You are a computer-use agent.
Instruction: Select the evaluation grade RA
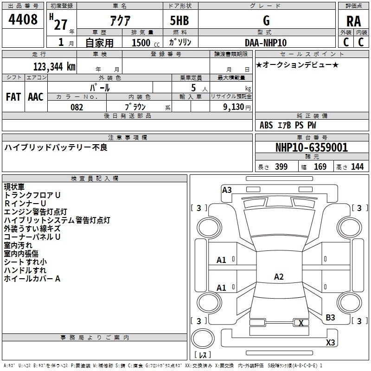coord(353,21)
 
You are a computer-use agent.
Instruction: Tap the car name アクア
coord(119,21)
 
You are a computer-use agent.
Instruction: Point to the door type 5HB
coord(179,21)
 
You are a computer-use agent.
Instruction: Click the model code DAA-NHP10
coord(266,42)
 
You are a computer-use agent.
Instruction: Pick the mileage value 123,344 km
coord(54,66)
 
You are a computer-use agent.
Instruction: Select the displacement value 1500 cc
coord(142,43)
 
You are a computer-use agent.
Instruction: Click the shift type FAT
coord(13,97)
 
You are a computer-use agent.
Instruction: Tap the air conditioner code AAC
coord(35,97)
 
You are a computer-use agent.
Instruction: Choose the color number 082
coord(77,107)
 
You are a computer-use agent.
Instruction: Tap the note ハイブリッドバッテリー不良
coord(56,147)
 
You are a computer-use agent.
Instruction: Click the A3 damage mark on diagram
coord(227,190)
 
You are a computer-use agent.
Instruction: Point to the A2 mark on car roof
coord(279,277)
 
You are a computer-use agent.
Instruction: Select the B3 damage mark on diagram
coord(330,317)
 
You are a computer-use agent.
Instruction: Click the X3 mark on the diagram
coord(331,343)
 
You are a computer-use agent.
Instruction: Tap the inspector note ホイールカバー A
coord(32,279)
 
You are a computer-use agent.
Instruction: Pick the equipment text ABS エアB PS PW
coord(288,125)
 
